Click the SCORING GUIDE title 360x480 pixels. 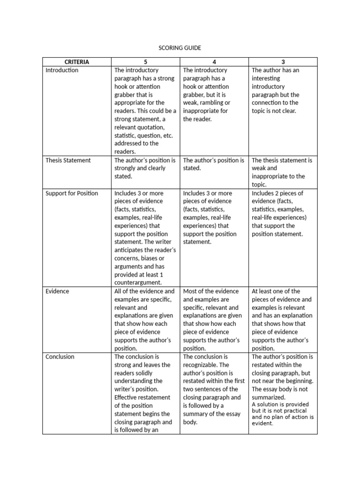coord(180,48)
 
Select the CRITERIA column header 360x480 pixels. coord(77,62)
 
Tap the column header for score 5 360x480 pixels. coord(145,62)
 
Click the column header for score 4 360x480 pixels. coord(214,62)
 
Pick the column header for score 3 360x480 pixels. coord(283,62)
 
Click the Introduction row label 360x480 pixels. coord(62,70)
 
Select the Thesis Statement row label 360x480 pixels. coord(68,160)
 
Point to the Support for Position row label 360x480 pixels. coord(72,193)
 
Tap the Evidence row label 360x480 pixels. coord(57,291)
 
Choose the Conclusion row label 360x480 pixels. coord(60,357)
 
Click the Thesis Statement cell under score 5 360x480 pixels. coord(145,168)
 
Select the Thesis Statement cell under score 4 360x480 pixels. coord(213,164)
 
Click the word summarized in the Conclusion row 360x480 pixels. coord(269,397)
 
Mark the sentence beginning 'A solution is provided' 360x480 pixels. coord(283,413)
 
